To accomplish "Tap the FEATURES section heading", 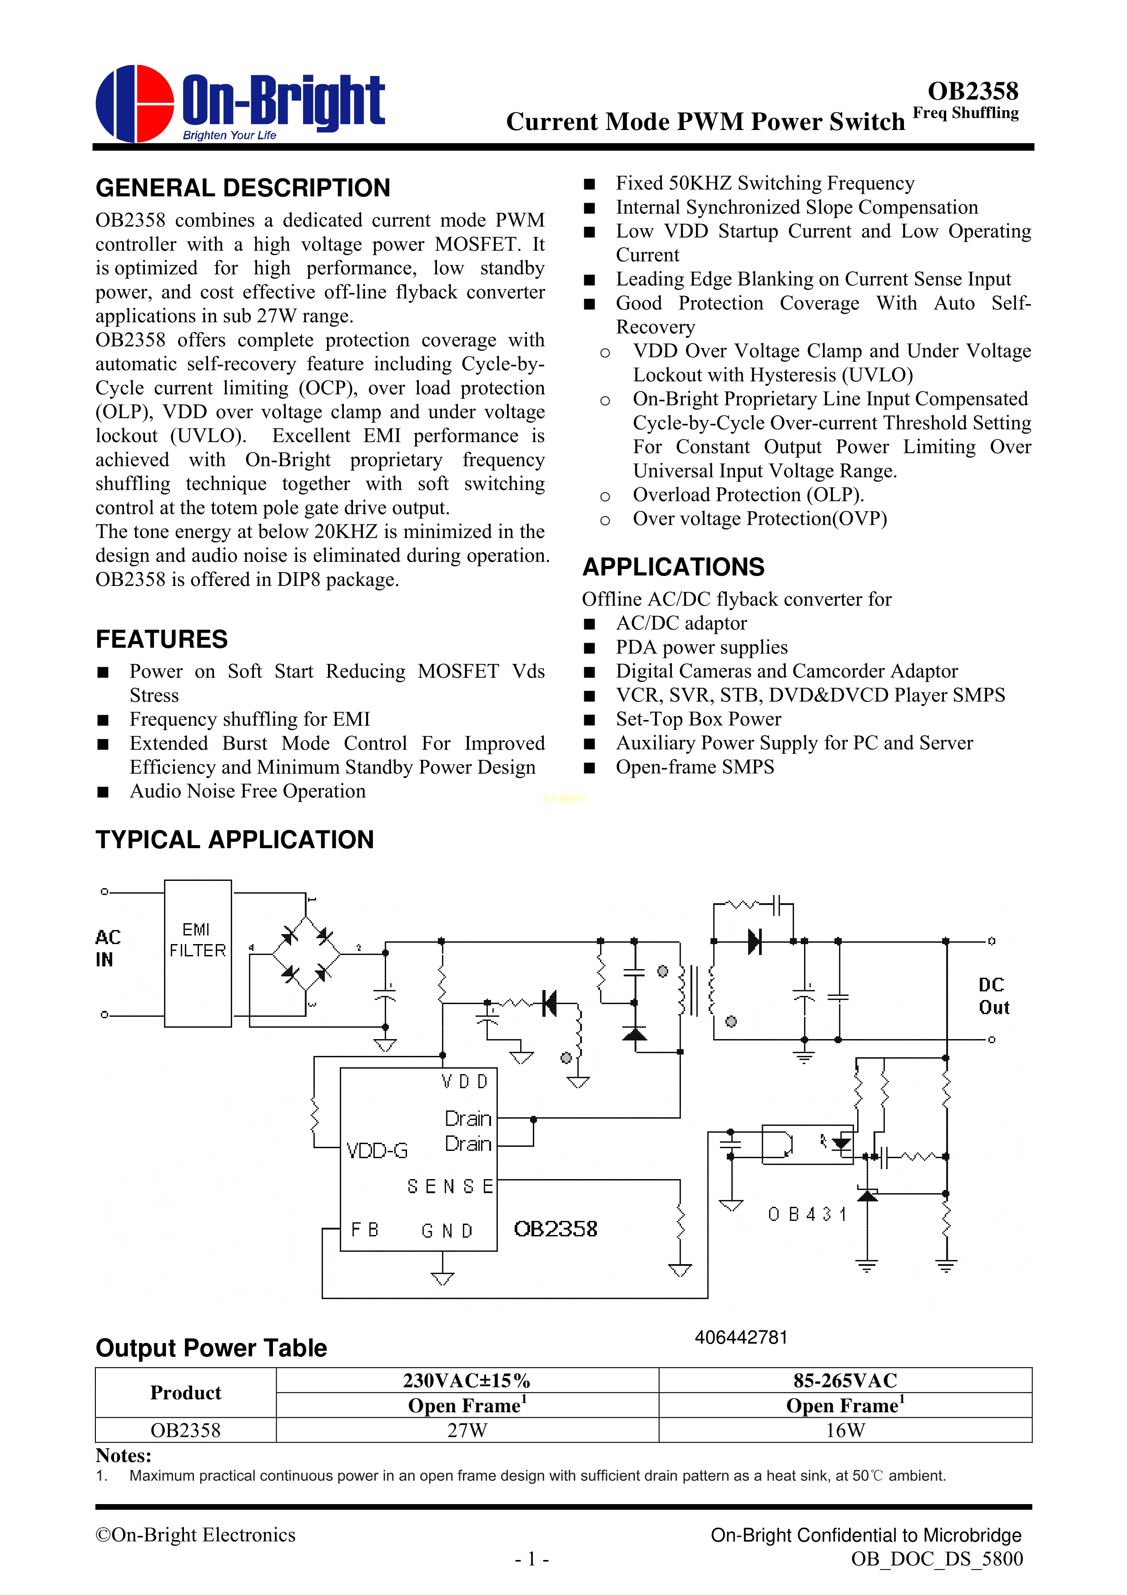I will click(161, 639).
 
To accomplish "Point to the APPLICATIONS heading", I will click(673, 567).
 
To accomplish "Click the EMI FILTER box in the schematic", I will click(198, 953).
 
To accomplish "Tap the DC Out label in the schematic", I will click(993, 996).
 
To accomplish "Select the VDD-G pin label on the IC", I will click(377, 1151).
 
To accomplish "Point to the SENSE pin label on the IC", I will click(450, 1186).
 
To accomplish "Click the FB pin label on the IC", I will click(365, 1230).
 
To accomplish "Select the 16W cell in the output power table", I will click(844, 1430).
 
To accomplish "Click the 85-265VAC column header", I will click(844, 1380).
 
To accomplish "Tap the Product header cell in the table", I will click(185, 1393).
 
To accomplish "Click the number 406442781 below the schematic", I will click(741, 1337).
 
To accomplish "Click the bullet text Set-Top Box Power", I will click(698, 719).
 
